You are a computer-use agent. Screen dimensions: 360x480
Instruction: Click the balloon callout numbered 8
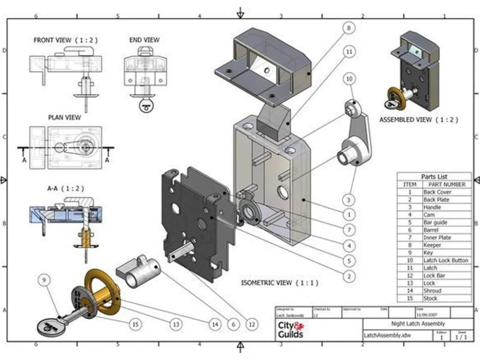(x=349, y=28)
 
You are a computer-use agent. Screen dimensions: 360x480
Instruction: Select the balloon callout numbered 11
(x=349, y=51)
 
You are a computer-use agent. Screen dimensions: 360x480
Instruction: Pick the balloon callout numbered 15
(x=135, y=324)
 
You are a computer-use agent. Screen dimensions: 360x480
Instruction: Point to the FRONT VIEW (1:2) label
(x=64, y=40)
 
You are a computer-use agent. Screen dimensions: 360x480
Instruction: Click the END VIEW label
(x=144, y=40)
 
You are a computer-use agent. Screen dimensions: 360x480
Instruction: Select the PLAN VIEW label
(x=64, y=117)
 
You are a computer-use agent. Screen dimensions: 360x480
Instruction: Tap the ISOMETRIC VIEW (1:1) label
(x=280, y=283)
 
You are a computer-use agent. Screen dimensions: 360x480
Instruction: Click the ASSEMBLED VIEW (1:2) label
(x=419, y=120)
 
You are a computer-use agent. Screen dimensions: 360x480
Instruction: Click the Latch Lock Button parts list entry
(x=445, y=260)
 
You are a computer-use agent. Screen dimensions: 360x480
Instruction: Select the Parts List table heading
(x=434, y=177)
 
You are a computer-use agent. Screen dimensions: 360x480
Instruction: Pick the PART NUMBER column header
(x=447, y=184)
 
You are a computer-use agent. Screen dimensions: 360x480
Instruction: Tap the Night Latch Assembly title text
(x=418, y=324)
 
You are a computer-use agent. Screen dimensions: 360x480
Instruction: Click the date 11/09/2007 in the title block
(x=426, y=314)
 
